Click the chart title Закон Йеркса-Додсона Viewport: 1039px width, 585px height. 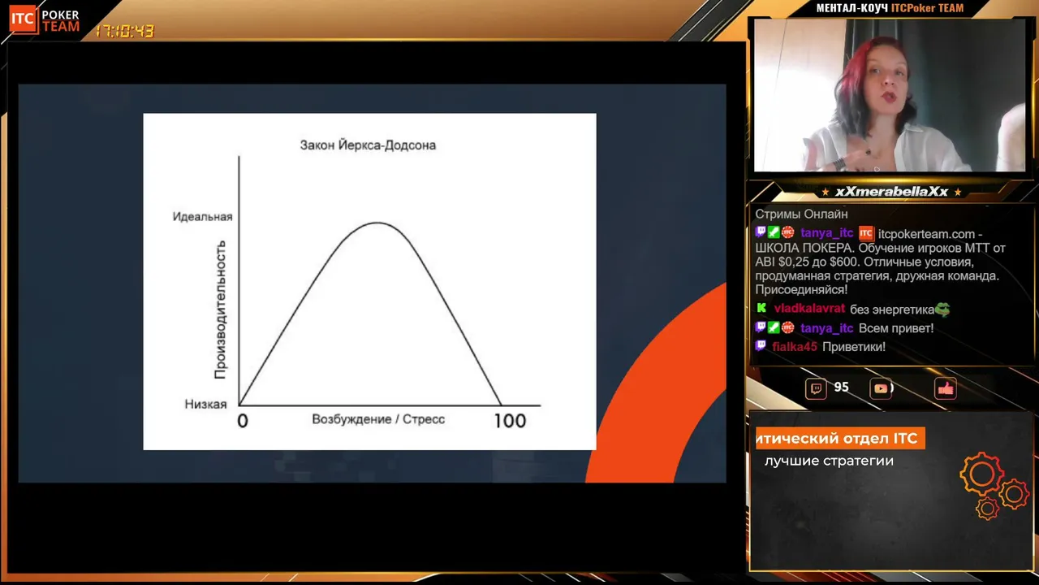pos(368,145)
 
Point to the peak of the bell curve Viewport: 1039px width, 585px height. pos(377,223)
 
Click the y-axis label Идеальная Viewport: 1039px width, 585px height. pos(202,217)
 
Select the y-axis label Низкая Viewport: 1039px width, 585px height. pos(205,405)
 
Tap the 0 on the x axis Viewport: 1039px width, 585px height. pos(243,421)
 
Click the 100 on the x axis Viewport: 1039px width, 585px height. pos(510,421)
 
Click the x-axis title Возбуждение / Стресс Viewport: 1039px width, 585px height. pos(378,419)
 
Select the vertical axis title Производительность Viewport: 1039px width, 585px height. pos(220,310)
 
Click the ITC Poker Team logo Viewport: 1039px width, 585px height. pos(45,20)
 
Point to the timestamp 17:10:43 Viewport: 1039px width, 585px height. pos(124,31)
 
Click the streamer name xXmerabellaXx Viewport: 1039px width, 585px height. pos(891,192)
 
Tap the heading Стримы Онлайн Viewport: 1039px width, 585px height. pos(801,214)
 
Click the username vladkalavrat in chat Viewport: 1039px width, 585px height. pos(809,309)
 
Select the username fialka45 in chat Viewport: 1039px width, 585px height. pos(795,347)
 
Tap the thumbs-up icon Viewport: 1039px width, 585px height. pos(946,388)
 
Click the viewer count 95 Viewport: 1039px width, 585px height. pos(842,388)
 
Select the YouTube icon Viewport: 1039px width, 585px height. pos(881,388)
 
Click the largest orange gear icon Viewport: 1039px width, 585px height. pos(981,474)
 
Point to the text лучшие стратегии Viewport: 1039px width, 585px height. pos(829,461)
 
